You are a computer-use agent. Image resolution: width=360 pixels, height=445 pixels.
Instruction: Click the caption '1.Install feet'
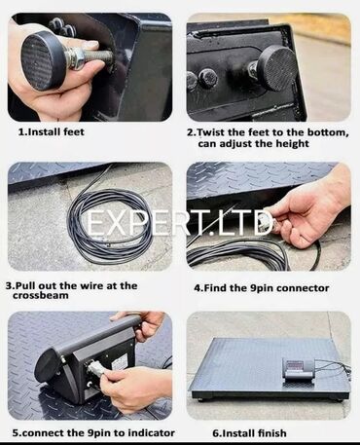pyautogui.click(x=52, y=132)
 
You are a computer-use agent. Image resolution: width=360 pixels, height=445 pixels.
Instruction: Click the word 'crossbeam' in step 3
pyautogui.click(x=41, y=295)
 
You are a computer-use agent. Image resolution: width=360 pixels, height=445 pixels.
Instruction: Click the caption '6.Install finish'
pyautogui.click(x=249, y=433)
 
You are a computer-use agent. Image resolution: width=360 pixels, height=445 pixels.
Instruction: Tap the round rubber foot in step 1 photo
pyautogui.click(x=41, y=60)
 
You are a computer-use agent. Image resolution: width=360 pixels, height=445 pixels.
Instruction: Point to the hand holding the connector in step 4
pyautogui.click(x=309, y=212)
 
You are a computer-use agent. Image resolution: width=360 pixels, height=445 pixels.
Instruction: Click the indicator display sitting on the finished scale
pyautogui.click(x=299, y=369)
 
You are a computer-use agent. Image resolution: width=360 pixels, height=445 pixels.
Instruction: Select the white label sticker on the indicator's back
pyautogui.click(x=121, y=361)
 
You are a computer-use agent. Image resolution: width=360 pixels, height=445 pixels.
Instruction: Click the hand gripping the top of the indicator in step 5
pyautogui.click(x=143, y=324)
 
